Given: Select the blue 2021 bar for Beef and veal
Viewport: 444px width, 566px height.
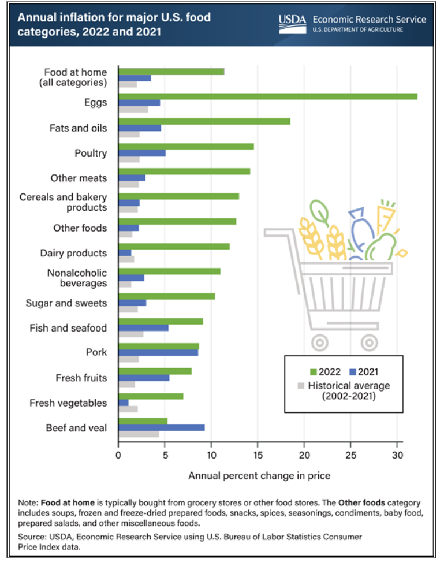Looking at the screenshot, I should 161,427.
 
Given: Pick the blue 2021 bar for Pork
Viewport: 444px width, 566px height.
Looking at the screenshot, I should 158,352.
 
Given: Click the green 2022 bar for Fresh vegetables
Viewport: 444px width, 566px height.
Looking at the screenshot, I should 151,396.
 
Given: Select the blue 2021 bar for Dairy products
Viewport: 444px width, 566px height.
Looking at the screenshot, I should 125,253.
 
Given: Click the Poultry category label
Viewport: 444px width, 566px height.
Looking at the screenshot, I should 90,153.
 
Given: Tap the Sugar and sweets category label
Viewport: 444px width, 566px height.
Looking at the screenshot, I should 66,303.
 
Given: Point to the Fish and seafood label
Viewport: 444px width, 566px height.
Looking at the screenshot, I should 68,327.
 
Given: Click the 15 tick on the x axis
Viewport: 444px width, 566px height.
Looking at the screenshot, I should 258,455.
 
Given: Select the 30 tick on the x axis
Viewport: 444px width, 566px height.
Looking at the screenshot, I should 397,455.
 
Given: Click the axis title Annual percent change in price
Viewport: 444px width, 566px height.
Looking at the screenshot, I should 259,475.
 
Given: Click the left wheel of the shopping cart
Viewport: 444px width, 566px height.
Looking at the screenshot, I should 319,342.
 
